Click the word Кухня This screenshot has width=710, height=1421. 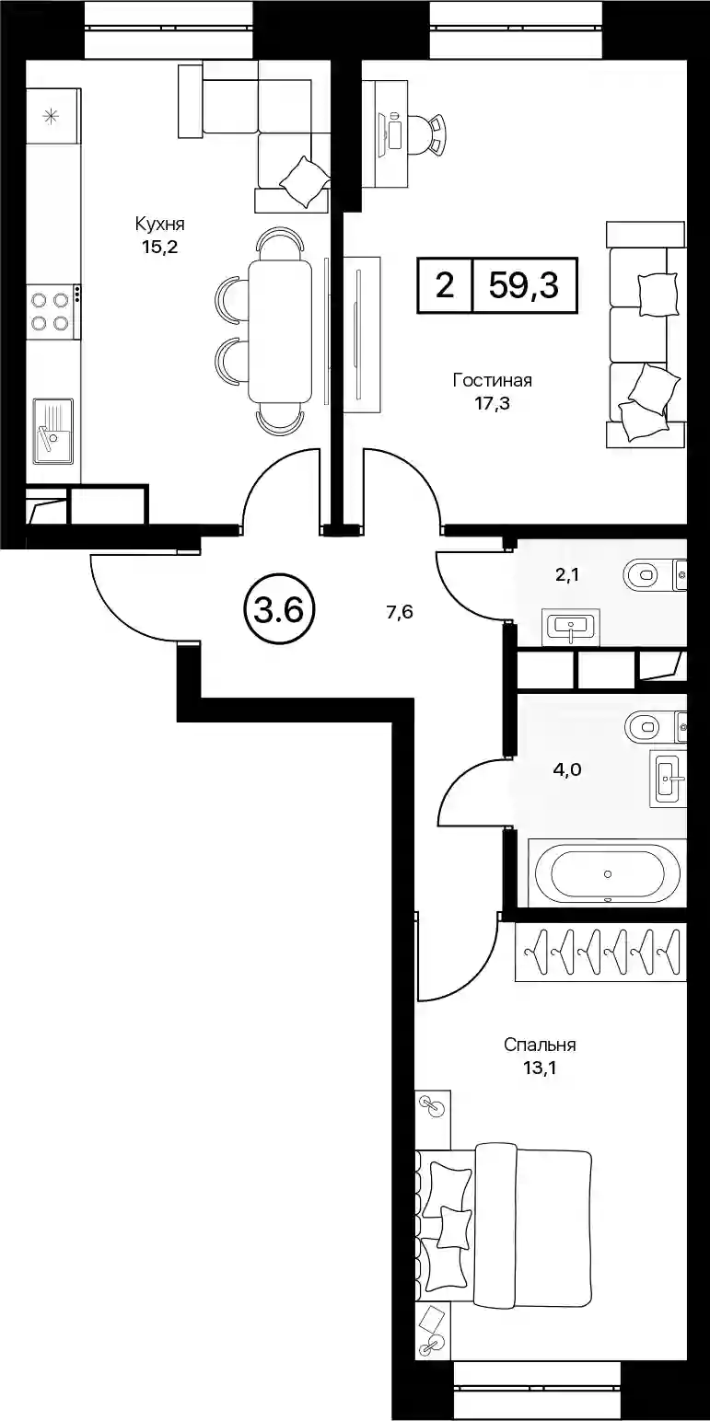coord(159,224)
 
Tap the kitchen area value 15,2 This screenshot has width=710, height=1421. coord(160,248)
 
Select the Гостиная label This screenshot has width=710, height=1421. coord(493,381)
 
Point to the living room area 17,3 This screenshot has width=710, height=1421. coord(493,403)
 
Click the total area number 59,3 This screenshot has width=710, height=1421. coord(523,285)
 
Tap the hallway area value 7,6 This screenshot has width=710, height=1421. coord(400,612)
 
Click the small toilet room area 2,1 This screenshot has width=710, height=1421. coord(566,575)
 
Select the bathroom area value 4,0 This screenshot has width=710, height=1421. coord(567,769)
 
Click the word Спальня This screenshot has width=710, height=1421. coord(540,1045)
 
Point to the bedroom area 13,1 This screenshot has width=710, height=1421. coord(540,1069)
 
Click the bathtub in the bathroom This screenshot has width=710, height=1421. coord(607,872)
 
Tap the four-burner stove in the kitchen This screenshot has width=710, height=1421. coord(53,311)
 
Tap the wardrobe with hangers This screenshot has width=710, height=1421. coord(600,953)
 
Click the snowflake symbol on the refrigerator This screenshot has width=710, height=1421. coord(50,116)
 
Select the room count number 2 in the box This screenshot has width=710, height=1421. coord(445,285)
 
